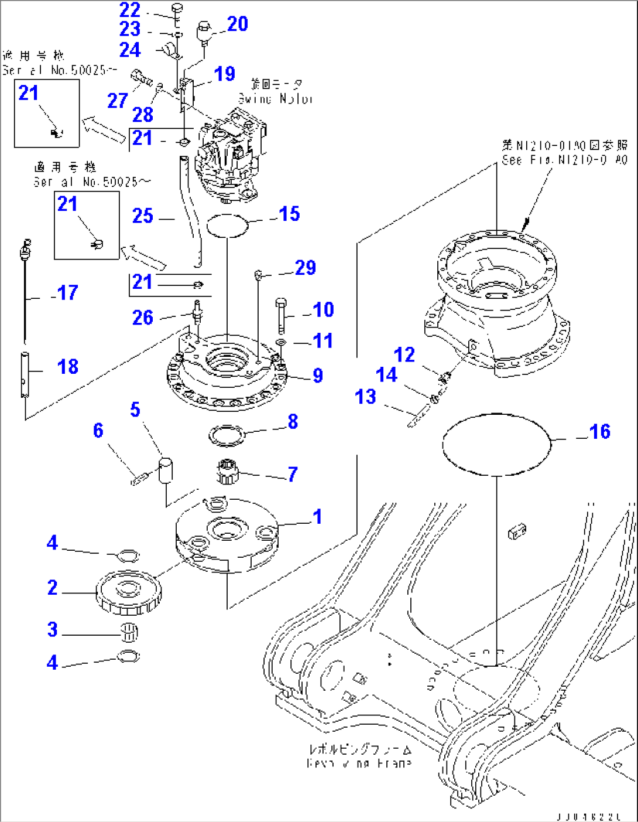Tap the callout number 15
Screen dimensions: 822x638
tap(289, 214)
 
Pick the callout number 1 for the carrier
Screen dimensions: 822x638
tap(317, 517)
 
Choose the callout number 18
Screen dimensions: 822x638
tap(68, 367)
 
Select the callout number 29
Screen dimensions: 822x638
tap(306, 268)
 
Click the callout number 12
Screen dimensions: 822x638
tap(404, 355)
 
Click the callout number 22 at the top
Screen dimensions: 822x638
tap(130, 10)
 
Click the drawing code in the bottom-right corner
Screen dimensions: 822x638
tap(589, 816)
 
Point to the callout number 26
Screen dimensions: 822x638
tap(143, 318)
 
